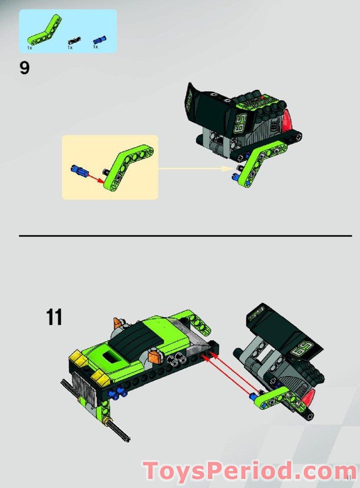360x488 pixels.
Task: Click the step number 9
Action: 24,69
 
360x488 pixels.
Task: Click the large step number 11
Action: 54,317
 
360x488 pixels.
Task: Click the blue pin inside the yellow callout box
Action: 78,171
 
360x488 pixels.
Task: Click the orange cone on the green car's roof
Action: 118,324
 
